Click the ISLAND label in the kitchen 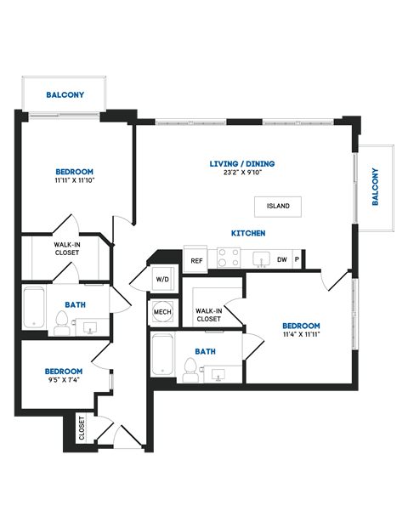click(278, 206)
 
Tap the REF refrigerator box click(196, 260)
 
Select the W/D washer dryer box click(161, 279)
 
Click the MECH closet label click(161, 312)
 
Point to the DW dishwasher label click(281, 260)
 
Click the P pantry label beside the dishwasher click(297, 260)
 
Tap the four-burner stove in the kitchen click(227, 258)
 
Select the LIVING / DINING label click(242, 164)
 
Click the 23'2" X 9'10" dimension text click(242, 173)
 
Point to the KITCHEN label click(249, 233)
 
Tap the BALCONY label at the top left click(65, 94)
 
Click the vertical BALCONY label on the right click(375, 187)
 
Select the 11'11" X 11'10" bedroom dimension click(75, 180)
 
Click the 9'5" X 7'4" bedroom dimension click(64, 381)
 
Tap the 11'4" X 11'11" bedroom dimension click(301, 334)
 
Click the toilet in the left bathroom click(61, 322)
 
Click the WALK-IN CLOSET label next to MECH click(209, 315)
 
